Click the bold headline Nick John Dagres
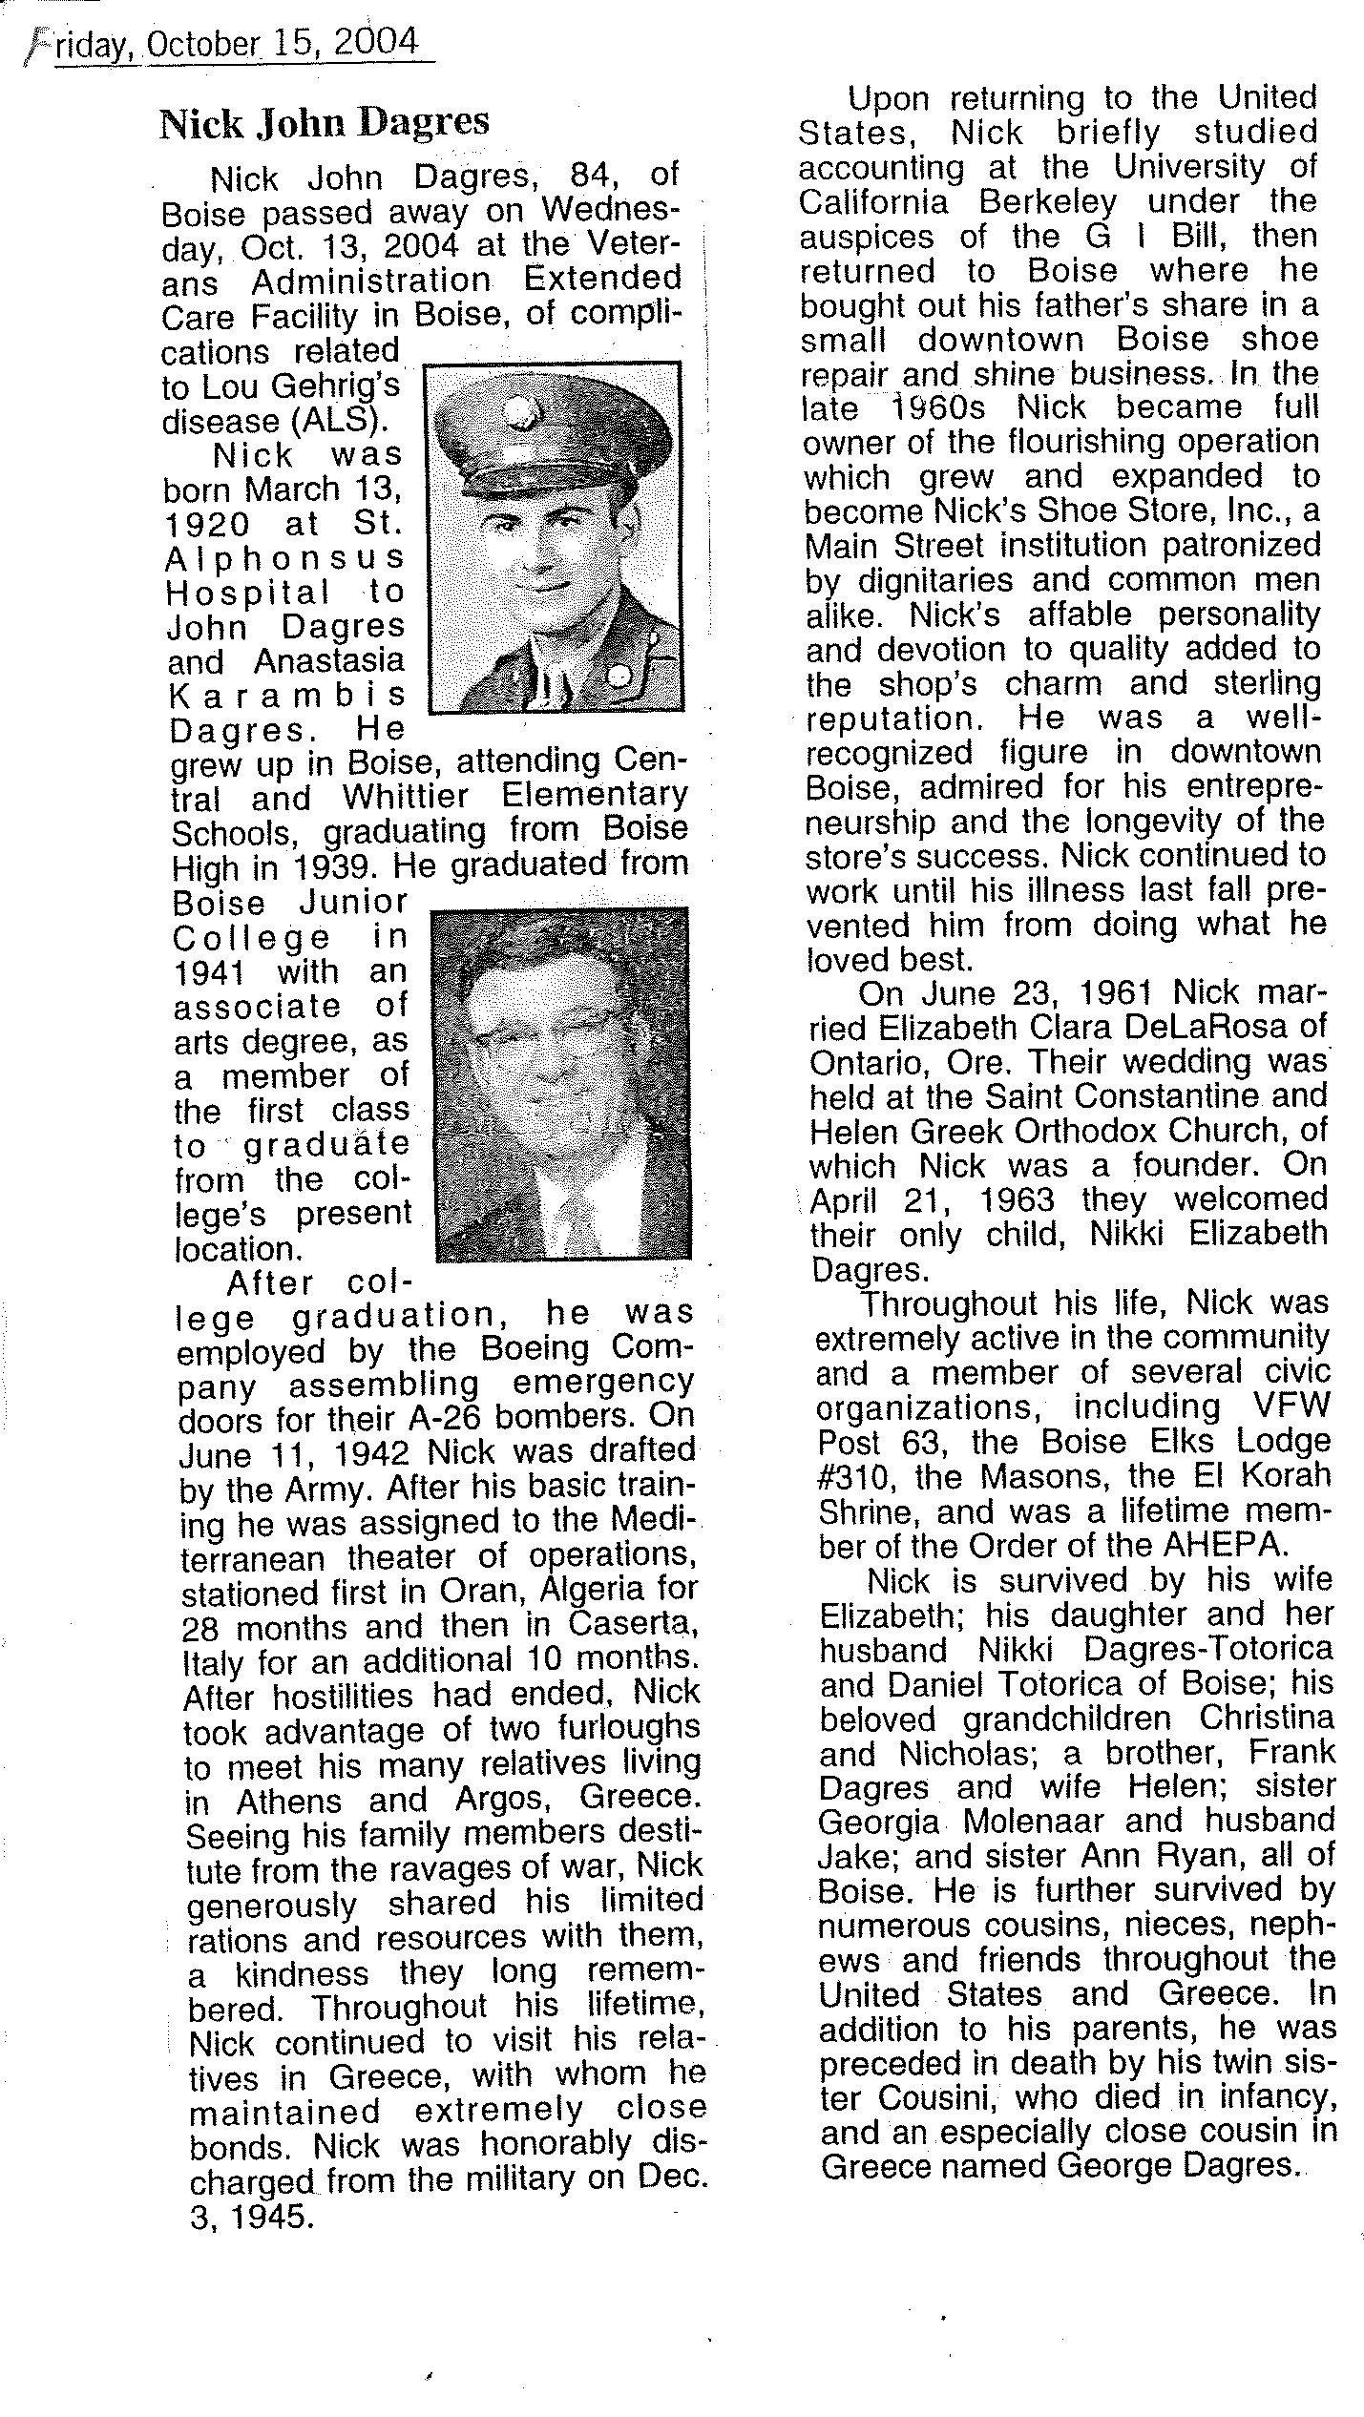pos(324,123)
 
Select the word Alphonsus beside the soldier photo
pos(284,557)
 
